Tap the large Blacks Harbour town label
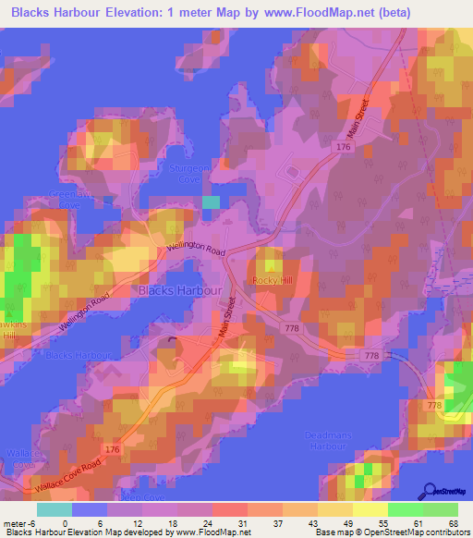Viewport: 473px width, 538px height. coord(179,290)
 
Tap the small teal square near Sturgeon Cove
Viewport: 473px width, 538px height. coord(212,202)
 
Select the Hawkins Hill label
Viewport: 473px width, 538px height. coord(7,330)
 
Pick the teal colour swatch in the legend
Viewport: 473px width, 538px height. coord(54,509)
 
